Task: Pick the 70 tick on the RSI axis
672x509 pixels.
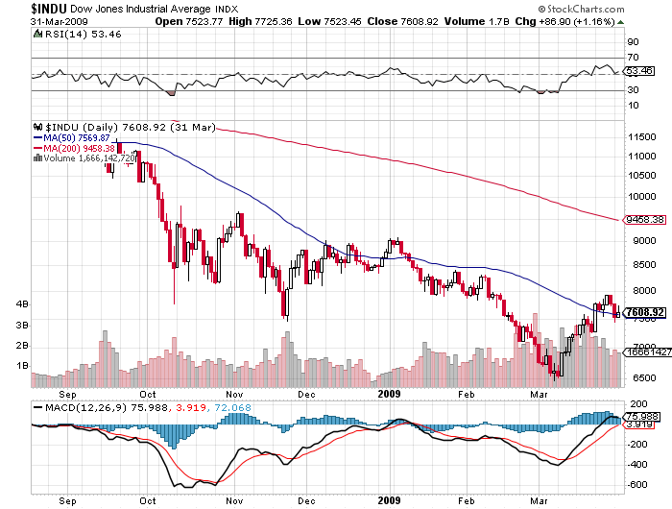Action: click(634, 58)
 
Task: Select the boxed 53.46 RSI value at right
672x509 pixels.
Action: click(639, 71)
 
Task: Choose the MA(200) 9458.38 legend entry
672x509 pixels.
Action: click(89, 147)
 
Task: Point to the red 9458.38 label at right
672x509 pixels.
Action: click(644, 219)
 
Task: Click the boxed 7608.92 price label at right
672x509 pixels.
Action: click(644, 312)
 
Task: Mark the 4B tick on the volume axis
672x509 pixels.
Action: click(19, 304)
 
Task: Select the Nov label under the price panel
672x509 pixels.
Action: click(233, 393)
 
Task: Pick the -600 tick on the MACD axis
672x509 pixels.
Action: click(636, 485)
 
